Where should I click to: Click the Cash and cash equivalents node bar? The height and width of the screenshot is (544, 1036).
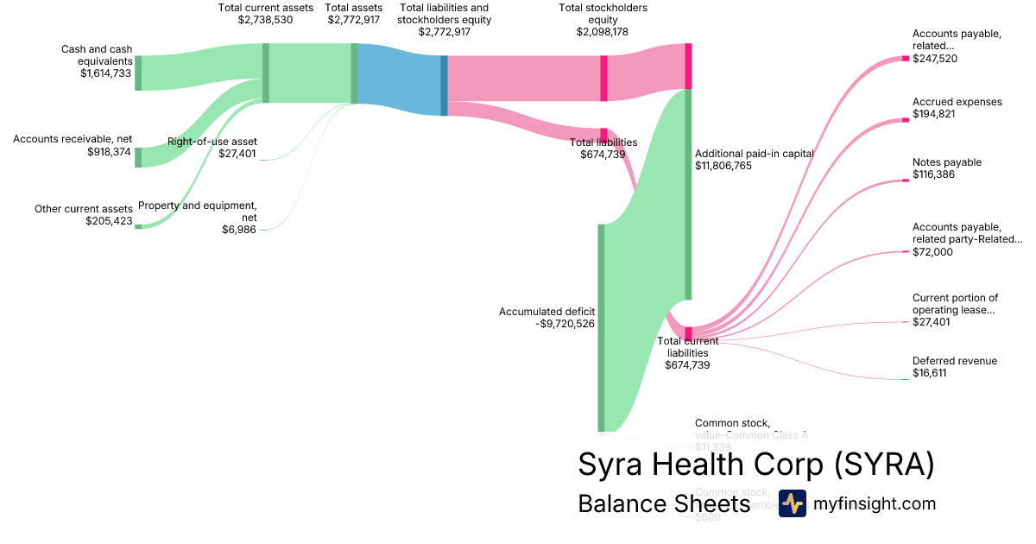(x=138, y=73)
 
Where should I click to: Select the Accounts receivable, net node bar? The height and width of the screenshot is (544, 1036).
(x=138, y=157)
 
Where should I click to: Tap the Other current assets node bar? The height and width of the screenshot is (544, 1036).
(x=138, y=226)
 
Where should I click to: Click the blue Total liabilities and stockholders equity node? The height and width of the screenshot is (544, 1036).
(x=445, y=85)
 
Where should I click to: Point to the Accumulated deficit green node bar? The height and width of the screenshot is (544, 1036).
(x=602, y=327)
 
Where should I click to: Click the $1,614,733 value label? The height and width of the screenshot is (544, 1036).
(x=106, y=73)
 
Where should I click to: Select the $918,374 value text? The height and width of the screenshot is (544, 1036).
(x=110, y=151)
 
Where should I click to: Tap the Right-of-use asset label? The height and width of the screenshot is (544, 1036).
(x=212, y=142)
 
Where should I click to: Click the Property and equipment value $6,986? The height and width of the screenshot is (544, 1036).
(x=239, y=230)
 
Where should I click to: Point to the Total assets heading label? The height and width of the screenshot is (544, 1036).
(x=354, y=8)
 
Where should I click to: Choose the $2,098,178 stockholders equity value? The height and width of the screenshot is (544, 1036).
(x=603, y=32)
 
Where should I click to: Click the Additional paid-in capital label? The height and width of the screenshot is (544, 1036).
(x=755, y=154)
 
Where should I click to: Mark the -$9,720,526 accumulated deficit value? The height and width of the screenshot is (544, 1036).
(x=565, y=324)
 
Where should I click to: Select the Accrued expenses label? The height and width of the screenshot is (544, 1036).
(x=957, y=102)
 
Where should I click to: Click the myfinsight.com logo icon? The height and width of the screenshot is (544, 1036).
(x=792, y=503)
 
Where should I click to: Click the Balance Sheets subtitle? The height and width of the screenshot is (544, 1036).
(x=664, y=503)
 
